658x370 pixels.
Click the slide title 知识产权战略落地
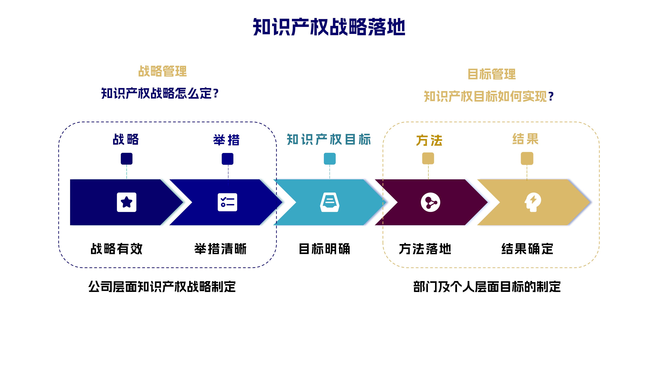point(329,27)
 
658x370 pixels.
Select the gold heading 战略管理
point(162,71)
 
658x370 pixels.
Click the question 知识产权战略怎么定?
point(160,93)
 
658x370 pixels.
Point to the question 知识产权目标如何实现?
point(488,96)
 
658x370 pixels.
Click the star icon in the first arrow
point(126,202)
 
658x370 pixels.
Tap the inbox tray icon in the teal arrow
point(330,202)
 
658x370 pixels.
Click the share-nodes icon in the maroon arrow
point(430,202)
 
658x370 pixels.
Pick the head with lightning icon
point(533,202)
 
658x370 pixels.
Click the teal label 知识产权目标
point(329,140)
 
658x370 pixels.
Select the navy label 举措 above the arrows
point(227,140)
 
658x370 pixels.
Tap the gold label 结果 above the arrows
point(525,139)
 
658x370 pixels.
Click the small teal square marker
point(330,159)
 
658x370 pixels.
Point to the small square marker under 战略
point(126,159)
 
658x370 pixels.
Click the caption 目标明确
point(324,249)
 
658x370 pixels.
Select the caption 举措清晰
point(220,249)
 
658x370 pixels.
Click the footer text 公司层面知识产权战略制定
point(162,287)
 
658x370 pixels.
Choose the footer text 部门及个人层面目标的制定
point(487,287)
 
